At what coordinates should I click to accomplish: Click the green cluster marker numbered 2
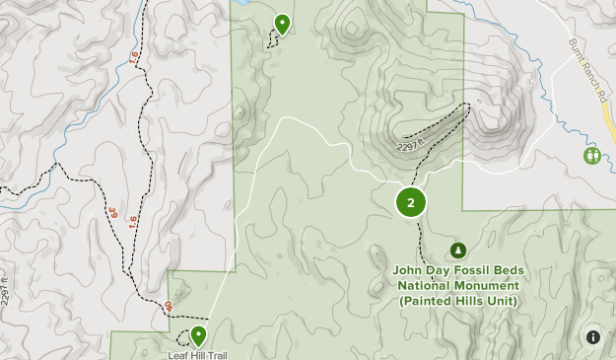coord(411,202)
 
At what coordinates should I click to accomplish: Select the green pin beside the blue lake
coord(283,24)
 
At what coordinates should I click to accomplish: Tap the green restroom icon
coord(592,156)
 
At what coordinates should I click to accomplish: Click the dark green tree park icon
coord(457,251)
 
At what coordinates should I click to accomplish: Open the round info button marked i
coord(593,337)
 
